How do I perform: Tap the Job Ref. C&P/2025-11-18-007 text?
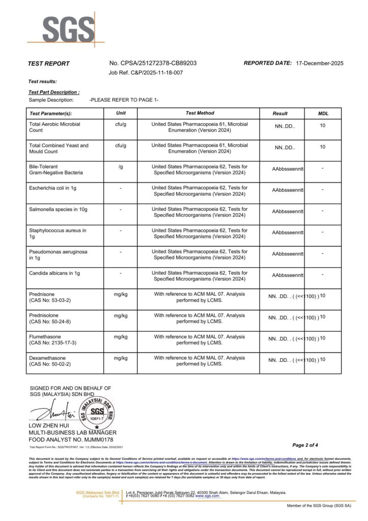(x=146, y=73)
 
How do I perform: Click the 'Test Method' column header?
(x=200, y=113)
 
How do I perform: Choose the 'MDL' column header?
(x=323, y=113)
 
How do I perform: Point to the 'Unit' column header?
(x=121, y=113)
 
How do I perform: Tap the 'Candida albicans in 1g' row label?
(x=55, y=273)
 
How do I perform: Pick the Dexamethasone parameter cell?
(x=51, y=361)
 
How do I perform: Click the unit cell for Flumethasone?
(x=121, y=337)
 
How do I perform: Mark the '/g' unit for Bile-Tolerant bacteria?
(x=121, y=167)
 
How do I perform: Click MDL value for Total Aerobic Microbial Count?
(x=323, y=125)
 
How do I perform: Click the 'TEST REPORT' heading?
(x=49, y=64)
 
